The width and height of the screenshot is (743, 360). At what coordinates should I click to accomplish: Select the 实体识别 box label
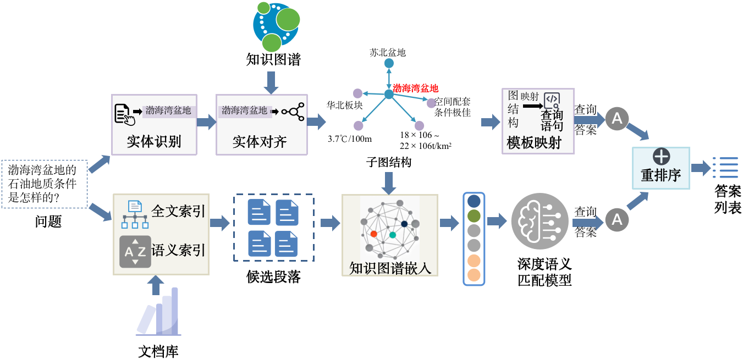pyautogui.click(x=154, y=142)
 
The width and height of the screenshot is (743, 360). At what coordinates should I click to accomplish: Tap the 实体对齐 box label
pyautogui.click(x=260, y=142)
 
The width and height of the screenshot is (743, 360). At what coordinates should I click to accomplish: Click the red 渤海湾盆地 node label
pyautogui.click(x=416, y=88)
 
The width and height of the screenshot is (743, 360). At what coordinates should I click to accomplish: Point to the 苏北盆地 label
pyautogui.click(x=388, y=53)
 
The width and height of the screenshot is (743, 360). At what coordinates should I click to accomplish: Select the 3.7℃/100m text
pyautogui.click(x=350, y=138)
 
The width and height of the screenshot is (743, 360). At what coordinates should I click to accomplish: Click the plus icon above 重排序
pyautogui.click(x=661, y=157)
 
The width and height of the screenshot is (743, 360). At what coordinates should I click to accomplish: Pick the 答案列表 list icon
pyautogui.click(x=725, y=168)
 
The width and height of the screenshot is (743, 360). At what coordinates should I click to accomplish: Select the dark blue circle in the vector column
pyautogui.click(x=474, y=202)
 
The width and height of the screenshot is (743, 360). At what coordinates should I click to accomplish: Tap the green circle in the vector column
pyautogui.click(x=474, y=216)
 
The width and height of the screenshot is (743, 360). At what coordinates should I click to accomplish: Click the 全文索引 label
pyautogui.click(x=178, y=211)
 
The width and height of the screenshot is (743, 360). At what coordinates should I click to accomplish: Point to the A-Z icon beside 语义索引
pyautogui.click(x=135, y=252)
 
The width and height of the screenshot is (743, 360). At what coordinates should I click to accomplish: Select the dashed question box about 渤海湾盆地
pyautogui.click(x=45, y=184)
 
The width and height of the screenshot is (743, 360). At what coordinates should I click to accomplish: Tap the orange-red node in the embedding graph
pyautogui.click(x=373, y=234)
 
